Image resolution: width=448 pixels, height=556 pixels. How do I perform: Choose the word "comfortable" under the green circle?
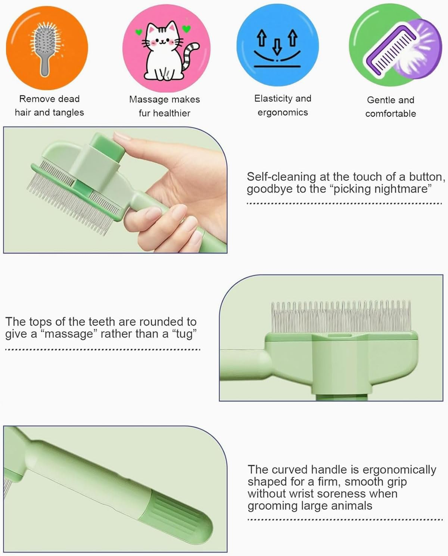(391, 114)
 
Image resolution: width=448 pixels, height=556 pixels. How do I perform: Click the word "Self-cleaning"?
(281, 177)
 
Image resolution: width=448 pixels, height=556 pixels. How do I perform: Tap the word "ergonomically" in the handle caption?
(399, 470)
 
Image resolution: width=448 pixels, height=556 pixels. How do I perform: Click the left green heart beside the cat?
(139, 32)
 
